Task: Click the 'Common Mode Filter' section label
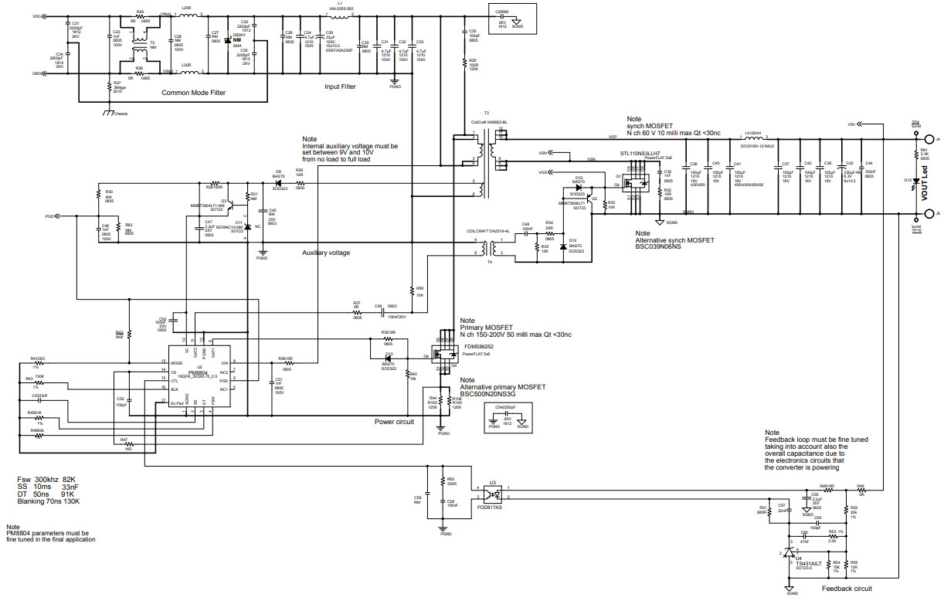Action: (194, 93)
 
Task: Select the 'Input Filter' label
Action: (340, 87)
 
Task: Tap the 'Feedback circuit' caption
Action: (847, 589)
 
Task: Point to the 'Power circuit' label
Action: (394, 422)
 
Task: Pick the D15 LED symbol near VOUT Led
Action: (919, 183)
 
